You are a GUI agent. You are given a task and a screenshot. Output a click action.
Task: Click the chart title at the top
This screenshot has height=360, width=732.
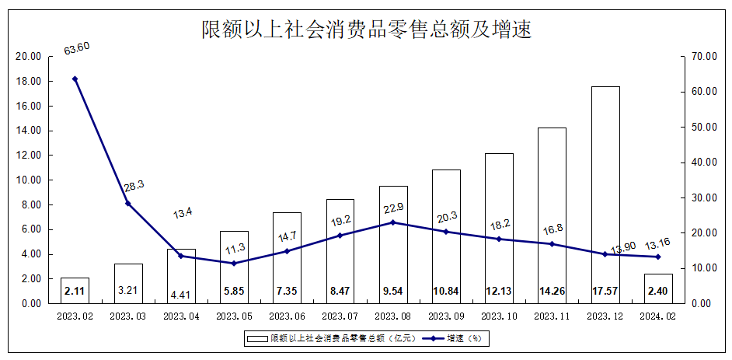tap(365, 30)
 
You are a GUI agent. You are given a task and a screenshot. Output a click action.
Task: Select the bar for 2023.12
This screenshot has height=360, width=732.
tap(605, 194)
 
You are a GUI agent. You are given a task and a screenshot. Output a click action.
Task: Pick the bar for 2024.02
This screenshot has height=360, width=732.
tap(658, 288)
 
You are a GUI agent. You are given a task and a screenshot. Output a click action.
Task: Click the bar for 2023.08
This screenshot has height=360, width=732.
tap(393, 244)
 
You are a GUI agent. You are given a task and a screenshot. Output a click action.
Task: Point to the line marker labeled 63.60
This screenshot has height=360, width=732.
tap(75, 79)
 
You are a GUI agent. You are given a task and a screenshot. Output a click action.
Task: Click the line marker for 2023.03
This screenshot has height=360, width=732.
tap(128, 204)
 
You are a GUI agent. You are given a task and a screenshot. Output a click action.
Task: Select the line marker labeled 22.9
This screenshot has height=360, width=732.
tap(393, 222)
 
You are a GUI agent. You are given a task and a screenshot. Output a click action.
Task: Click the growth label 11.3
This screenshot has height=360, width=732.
tap(234, 249)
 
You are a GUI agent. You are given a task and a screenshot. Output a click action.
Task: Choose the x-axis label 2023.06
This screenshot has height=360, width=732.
tap(287, 316)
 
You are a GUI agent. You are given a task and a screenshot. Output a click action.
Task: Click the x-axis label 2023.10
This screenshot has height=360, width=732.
tap(499, 316)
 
